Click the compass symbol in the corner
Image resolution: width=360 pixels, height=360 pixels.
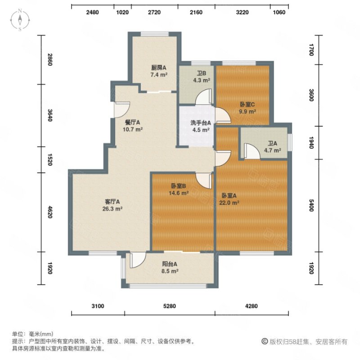pyautogui.click(x=20, y=20)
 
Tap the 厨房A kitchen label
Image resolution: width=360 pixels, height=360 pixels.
pyautogui.click(x=159, y=68)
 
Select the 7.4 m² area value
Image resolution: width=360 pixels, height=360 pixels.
pyautogui.click(x=159, y=75)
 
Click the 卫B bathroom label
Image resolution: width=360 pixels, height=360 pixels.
pyautogui.click(x=201, y=73)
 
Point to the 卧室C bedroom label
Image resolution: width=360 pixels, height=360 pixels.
pyautogui.click(x=247, y=105)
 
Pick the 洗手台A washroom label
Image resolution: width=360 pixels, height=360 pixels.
pyautogui.click(x=201, y=123)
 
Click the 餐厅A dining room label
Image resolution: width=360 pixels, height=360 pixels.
pyautogui.click(x=132, y=122)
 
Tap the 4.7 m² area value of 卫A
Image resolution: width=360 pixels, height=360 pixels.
pyautogui.click(x=273, y=150)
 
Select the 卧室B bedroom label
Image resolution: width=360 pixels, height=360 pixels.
pyautogui.click(x=178, y=186)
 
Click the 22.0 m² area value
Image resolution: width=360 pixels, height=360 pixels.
pyautogui.click(x=229, y=203)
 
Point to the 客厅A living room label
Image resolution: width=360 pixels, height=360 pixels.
pyautogui.click(x=112, y=202)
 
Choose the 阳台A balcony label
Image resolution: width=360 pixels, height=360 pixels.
pyautogui.click(x=170, y=264)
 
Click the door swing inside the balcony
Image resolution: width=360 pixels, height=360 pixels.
pyautogui.click(x=138, y=260)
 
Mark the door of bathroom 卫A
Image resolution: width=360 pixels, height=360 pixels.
pyautogui.click(x=252, y=151)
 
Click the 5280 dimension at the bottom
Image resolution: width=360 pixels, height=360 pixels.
pyautogui.click(x=170, y=306)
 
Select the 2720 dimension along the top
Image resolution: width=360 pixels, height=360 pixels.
pyautogui.click(x=154, y=12)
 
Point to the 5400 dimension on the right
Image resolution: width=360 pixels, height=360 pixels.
pyautogui.click(x=311, y=206)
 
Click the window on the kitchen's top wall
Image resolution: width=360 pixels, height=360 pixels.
pyautogui.click(x=154, y=34)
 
